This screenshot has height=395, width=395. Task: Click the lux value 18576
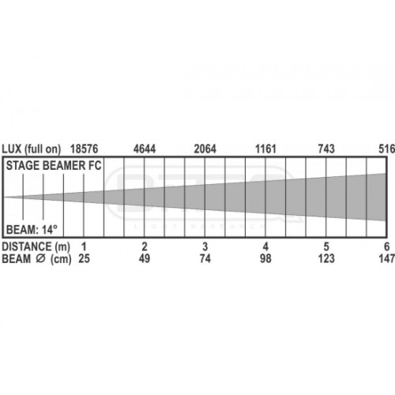point(84,149)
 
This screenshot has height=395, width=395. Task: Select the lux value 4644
point(145,149)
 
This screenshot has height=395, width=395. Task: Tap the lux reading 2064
point(205,149)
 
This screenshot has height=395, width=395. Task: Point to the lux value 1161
point(265,149)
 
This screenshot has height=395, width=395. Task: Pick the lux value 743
point(326,149)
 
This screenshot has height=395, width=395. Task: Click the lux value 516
point(387,149)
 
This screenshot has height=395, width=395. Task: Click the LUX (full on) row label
point(32,149)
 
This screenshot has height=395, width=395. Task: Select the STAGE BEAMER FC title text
point(54,166)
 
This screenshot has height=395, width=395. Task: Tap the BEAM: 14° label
point(32,230)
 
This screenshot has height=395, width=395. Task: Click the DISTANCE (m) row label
point(36,247)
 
